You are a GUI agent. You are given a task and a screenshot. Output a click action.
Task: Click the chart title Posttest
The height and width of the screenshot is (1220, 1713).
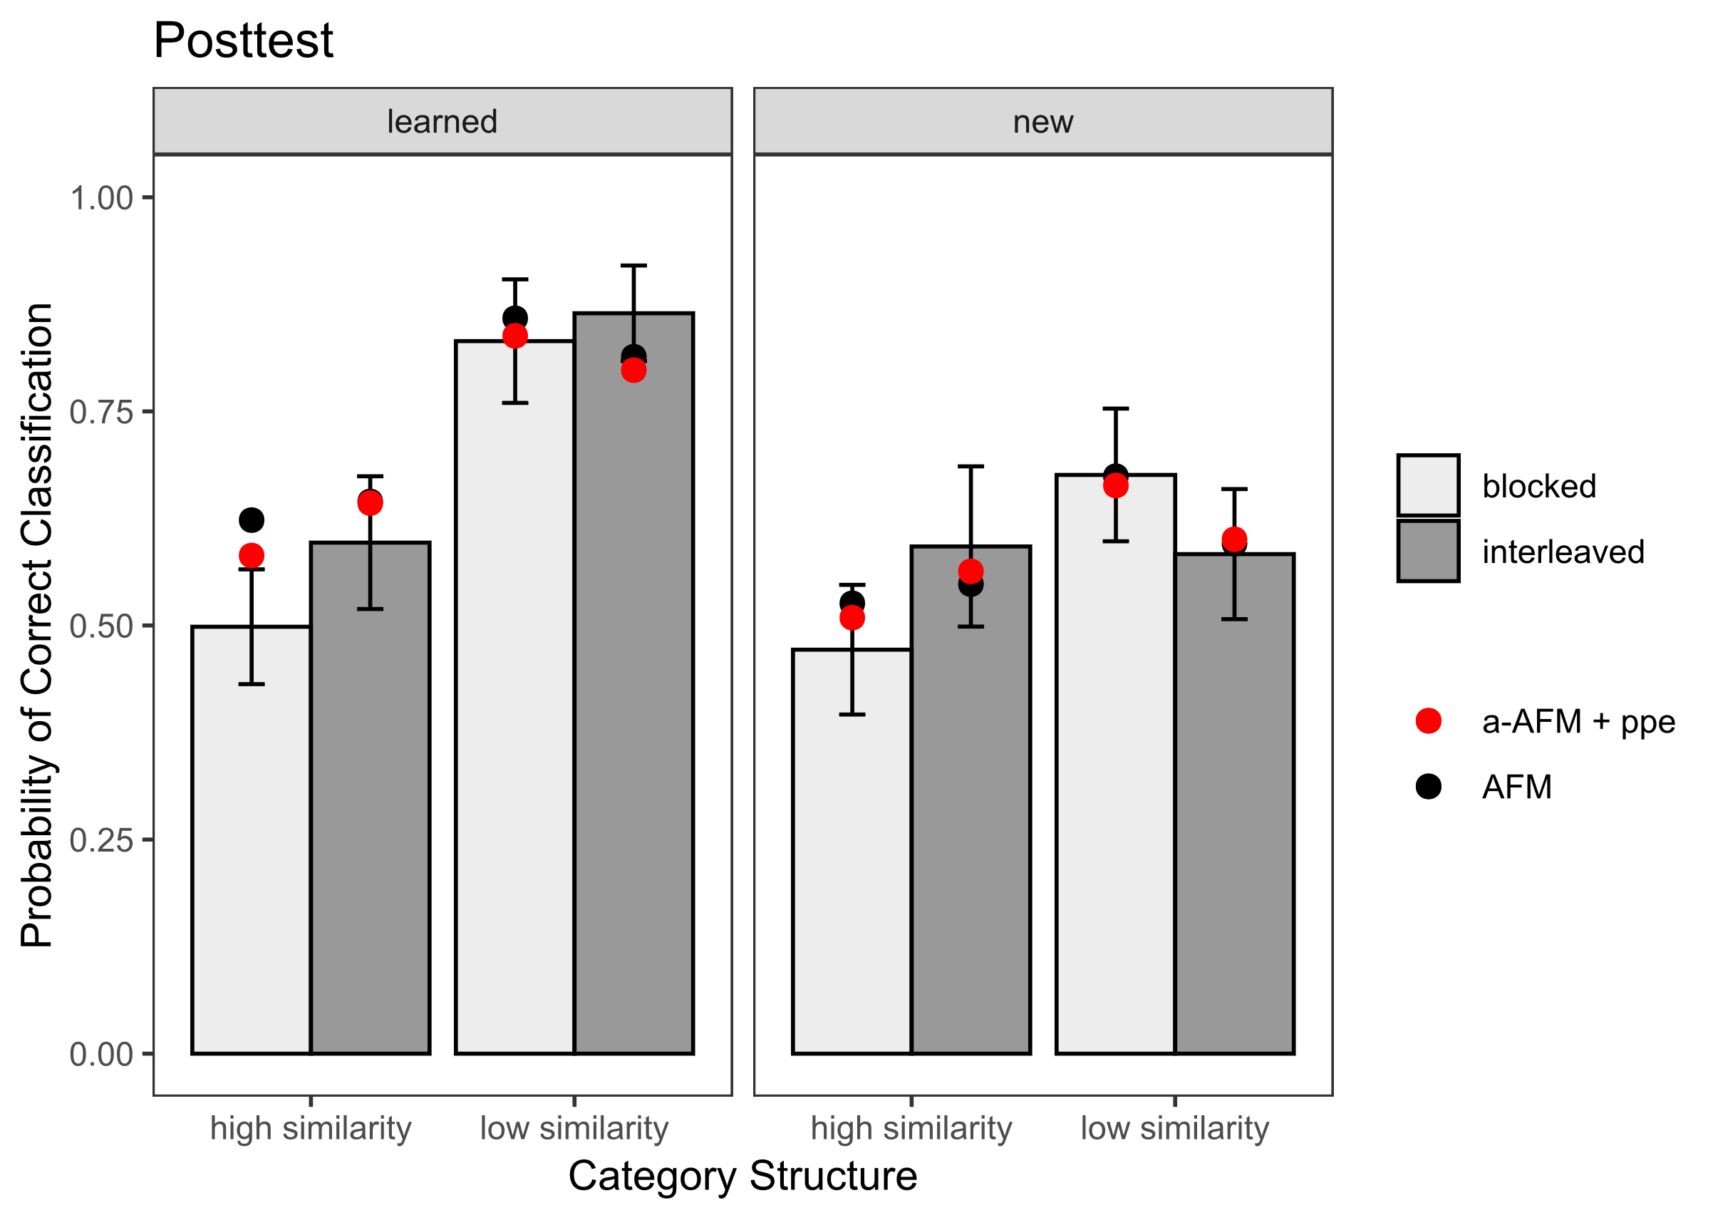tap(242, 41)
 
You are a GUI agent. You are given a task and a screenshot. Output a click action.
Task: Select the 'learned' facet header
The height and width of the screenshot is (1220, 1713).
tap(442, 122)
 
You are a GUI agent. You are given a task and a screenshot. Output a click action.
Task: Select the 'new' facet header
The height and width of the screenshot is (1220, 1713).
tap(1042, 122)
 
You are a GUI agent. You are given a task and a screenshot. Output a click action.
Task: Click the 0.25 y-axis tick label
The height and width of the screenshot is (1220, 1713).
tap(100, 840)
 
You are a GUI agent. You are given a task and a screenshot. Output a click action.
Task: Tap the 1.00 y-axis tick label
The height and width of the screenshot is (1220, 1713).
tap(100, 198)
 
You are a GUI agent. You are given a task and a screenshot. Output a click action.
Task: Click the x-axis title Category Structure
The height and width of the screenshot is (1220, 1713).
tap(742, 1176)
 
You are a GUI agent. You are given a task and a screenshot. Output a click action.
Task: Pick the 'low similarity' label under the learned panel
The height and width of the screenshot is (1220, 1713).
tap(574, 1128)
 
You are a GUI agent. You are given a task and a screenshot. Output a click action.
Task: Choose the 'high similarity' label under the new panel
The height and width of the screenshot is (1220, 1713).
tap(911, 1128)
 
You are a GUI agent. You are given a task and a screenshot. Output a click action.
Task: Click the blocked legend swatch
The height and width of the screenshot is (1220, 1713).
tap(1428, 485)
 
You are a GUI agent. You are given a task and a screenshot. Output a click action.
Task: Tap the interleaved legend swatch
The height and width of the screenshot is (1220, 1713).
tap(1428, 552)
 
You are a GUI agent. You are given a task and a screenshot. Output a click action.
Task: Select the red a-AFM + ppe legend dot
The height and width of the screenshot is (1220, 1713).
tap(1428, 721)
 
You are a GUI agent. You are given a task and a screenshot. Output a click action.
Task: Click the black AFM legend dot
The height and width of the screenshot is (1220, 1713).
tap(1428, 787)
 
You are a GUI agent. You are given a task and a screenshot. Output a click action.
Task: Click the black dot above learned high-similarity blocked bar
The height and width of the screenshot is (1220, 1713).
tap(251, 519)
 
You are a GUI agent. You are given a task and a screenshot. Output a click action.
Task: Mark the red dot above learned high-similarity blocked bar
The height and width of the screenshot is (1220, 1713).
tap(251, 556)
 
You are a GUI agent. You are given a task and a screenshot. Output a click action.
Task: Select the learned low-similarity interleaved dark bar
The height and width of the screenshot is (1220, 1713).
tap(633, 713)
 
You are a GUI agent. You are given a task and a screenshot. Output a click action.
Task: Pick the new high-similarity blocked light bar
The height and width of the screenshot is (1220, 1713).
tap(852, 864)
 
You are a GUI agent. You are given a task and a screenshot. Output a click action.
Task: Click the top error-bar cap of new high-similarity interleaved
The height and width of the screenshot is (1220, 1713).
tap(971, 467)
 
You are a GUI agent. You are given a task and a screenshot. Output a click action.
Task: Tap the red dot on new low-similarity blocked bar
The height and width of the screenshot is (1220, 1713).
tap(1115, 486)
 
